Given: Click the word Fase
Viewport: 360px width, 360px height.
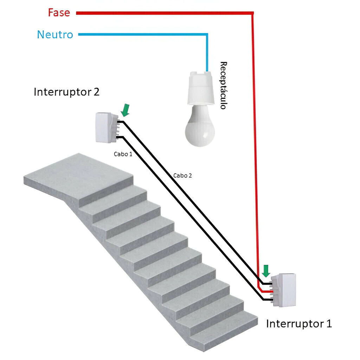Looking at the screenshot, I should coord(59,13).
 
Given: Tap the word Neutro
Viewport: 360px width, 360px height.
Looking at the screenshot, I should coord(55,35).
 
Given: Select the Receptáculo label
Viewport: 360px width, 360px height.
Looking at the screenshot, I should coord(223,85).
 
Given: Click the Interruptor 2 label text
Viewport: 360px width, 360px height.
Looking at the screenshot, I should coord(66,92).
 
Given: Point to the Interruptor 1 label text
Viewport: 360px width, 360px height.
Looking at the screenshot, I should coord(298,323).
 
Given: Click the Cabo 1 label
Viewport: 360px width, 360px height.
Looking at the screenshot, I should coord(123,154).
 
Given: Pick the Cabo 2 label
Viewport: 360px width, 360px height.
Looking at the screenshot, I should coord(182,175).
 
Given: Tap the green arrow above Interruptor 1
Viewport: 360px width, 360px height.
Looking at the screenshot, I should coord(266,271).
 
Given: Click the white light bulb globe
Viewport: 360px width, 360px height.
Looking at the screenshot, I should coord(200,130).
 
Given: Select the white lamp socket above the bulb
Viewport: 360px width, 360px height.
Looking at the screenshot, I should coord(200,88).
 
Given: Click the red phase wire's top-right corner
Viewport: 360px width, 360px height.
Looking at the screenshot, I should coord(252,13).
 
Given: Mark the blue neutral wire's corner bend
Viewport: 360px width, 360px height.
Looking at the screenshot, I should coord(207,34).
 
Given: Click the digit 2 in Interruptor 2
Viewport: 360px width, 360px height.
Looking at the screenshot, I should coord(96,92).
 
